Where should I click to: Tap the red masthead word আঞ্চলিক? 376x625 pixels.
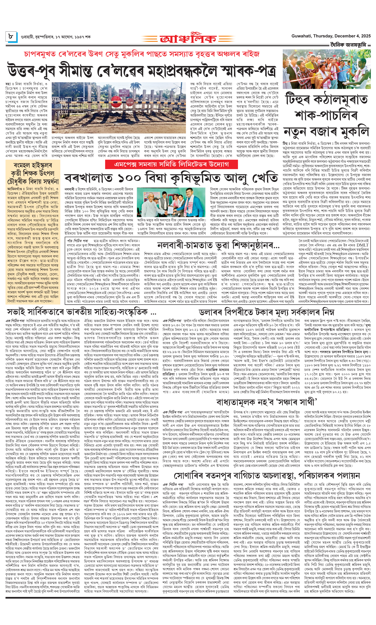[x=188, y=39]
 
